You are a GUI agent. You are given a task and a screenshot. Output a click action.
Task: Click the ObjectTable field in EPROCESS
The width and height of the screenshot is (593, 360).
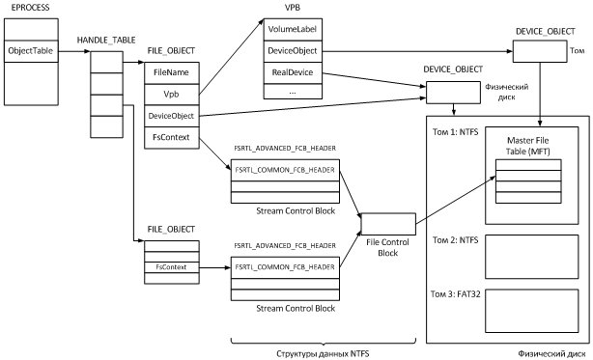(31, 49)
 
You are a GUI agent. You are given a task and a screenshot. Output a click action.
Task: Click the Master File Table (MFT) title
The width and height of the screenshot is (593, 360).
(527, 149)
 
